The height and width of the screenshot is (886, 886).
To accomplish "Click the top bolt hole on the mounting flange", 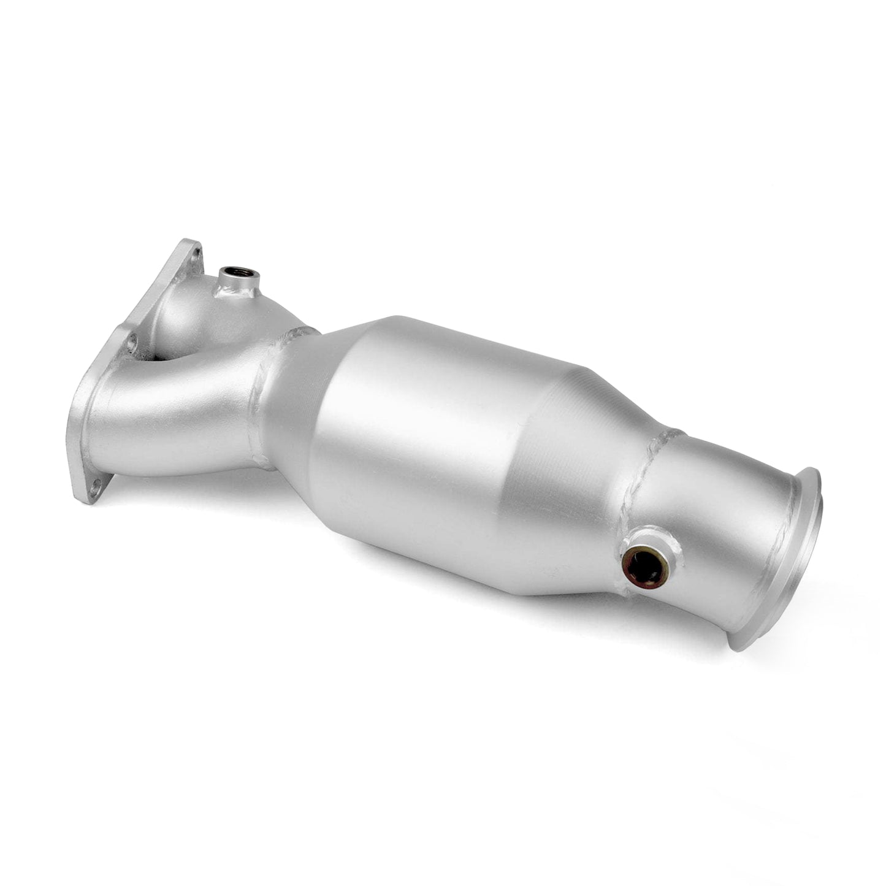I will (x=196, y=253).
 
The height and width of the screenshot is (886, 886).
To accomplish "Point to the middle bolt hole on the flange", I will (x=132, y=344).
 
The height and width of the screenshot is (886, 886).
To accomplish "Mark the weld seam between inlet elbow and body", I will (x=264, y=392).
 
